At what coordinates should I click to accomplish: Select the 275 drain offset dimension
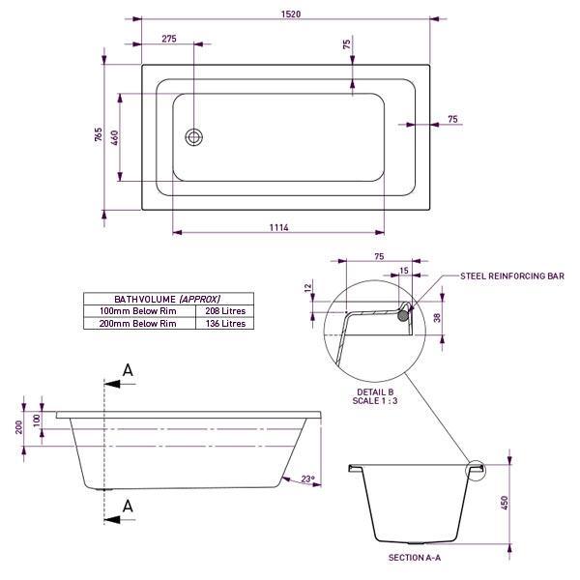pyautogui.click(x=168, y=39)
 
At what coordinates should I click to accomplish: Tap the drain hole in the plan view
pyautogui.click(x=194, y=136)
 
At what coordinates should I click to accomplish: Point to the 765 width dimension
pyautogui.click(x=98, y=134)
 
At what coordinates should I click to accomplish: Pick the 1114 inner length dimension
pyautogui.click(x=278, y=228)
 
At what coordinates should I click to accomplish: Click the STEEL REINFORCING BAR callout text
pyautogui.click(x=512, y=275)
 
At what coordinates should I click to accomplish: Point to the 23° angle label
pyautogui.click(x=308, y=479)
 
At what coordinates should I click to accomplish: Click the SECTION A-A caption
pyautogui.click(x=415, y=559)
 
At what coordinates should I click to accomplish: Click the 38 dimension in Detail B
pyautogui.click(x=438, y=316)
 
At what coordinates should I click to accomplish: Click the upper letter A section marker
pyautogui.click(x=128, y=371)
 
